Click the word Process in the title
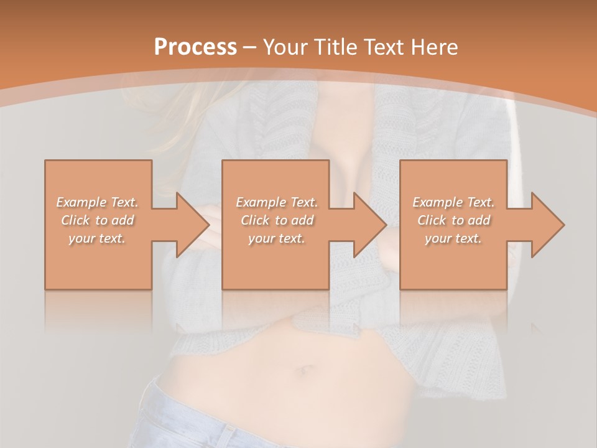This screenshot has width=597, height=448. [195, 47]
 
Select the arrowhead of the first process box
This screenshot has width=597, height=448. [190, 225]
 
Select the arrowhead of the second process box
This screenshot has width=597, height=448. [367, 225]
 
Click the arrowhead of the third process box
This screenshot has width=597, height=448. [545, 225]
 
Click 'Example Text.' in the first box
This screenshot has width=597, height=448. [98, 202]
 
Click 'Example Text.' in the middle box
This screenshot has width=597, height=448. [276, 202]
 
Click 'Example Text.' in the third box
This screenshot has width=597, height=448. [453, 202]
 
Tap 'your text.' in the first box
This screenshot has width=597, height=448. [97, 238]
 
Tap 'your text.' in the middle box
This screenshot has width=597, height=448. [276, 238]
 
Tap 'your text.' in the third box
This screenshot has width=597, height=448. [453, 238]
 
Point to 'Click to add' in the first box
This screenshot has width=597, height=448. [98, 220]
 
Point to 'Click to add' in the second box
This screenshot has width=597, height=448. [276, 220]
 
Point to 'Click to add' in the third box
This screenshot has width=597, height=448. [453, 220]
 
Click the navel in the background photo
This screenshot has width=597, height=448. [306, 371]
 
